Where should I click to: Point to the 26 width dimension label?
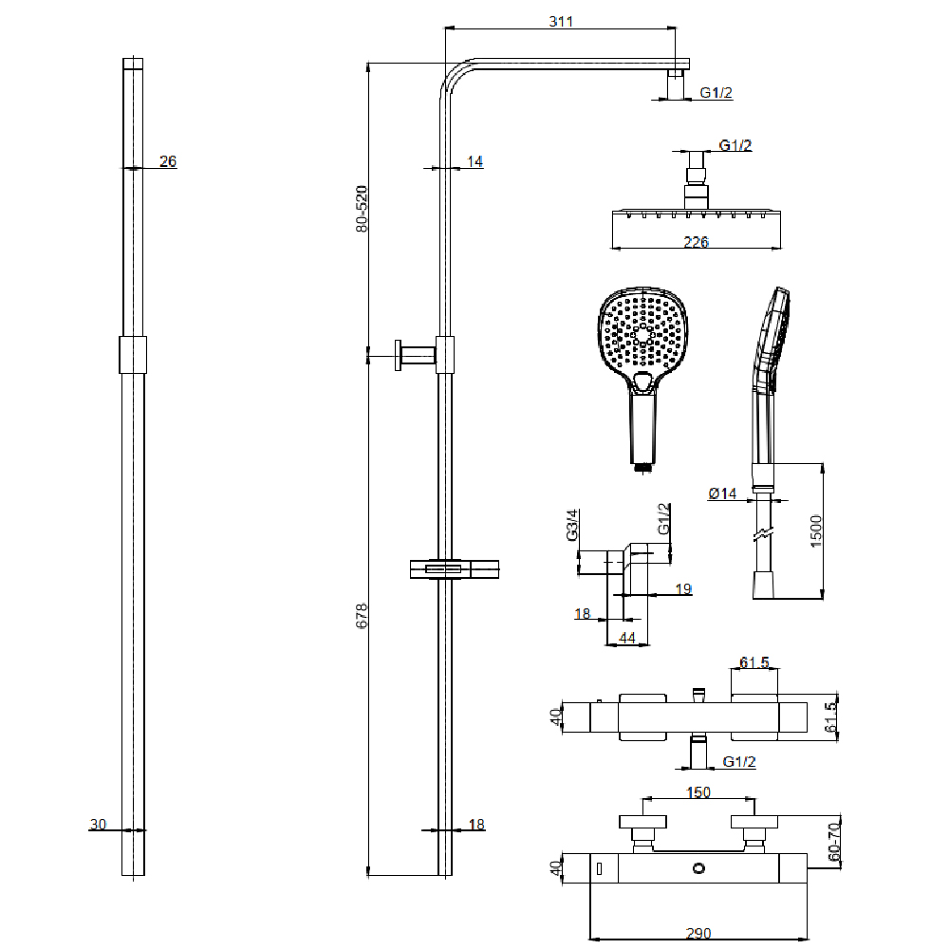point(168,161)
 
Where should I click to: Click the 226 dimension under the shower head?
point(697,242)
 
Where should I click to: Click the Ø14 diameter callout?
point(723,493)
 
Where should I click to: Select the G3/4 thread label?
point(572,525)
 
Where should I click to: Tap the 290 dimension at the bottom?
point(697,934)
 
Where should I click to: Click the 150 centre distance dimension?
point(699,791)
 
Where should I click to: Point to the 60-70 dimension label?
point(835,839)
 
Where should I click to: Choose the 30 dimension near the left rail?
point(98,825)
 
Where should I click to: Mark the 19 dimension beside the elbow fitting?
point(683,589)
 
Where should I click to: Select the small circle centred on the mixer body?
point(699,867)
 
